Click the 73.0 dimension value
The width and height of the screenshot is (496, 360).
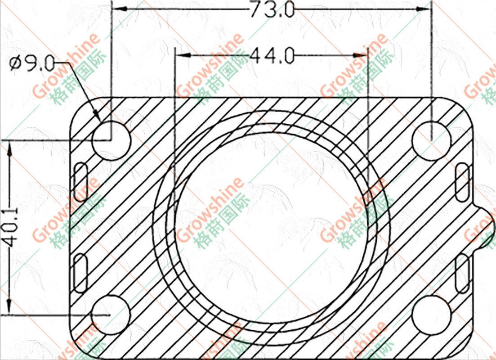(x=272, y=10)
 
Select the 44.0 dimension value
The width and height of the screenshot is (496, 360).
(x=272, y=56)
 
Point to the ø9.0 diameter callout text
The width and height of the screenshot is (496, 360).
(x=32, y=64)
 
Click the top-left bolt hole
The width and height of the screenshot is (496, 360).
(x=112, y=141)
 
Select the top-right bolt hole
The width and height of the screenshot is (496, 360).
(x=431, y=141)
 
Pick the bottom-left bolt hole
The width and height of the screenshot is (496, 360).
(x=111, y=315)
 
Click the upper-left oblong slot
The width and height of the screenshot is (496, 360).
(x=80, y=182)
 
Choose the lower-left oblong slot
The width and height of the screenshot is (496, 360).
(x=80, y=273)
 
